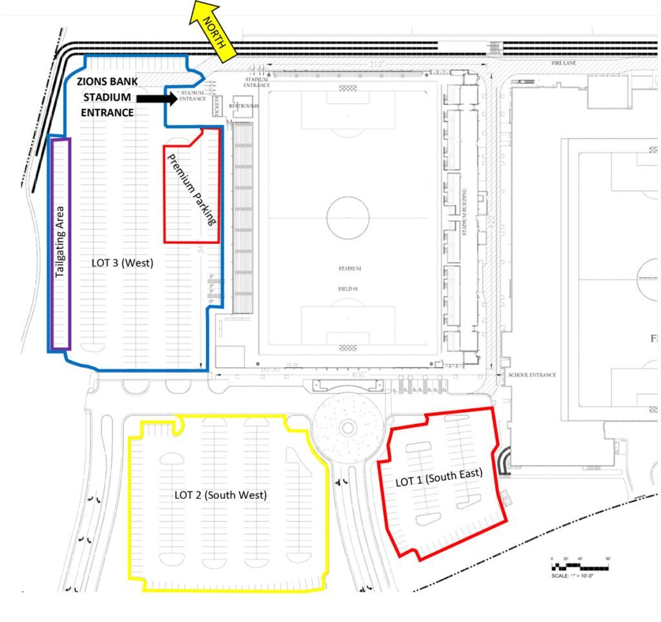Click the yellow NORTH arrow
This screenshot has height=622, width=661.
coord(212,33)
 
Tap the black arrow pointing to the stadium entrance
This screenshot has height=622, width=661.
coord(157,99)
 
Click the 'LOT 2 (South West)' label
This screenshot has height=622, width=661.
coord(220,495)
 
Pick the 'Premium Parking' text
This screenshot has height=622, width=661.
coord(190,190)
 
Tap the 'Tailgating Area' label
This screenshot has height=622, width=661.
coord(60,242)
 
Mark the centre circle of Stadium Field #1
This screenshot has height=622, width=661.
coord(348,217)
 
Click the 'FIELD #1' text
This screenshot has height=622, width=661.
coord(348,289)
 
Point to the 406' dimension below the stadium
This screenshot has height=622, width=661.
coord(358,374)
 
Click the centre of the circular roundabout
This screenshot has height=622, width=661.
coord(347,426)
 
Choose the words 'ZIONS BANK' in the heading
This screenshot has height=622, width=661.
coord(107,83)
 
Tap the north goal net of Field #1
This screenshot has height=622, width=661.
coord(348,88)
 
